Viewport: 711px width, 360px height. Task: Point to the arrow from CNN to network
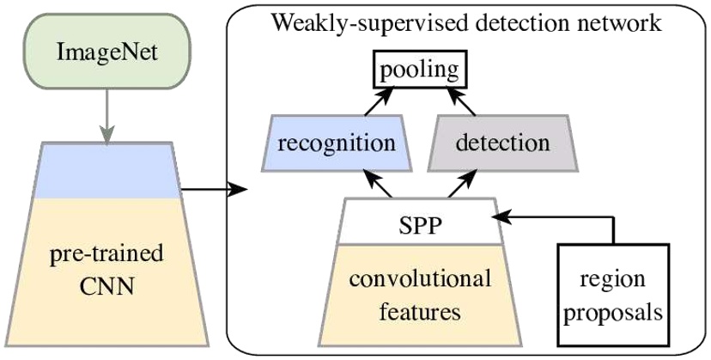(x=210, y=184)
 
